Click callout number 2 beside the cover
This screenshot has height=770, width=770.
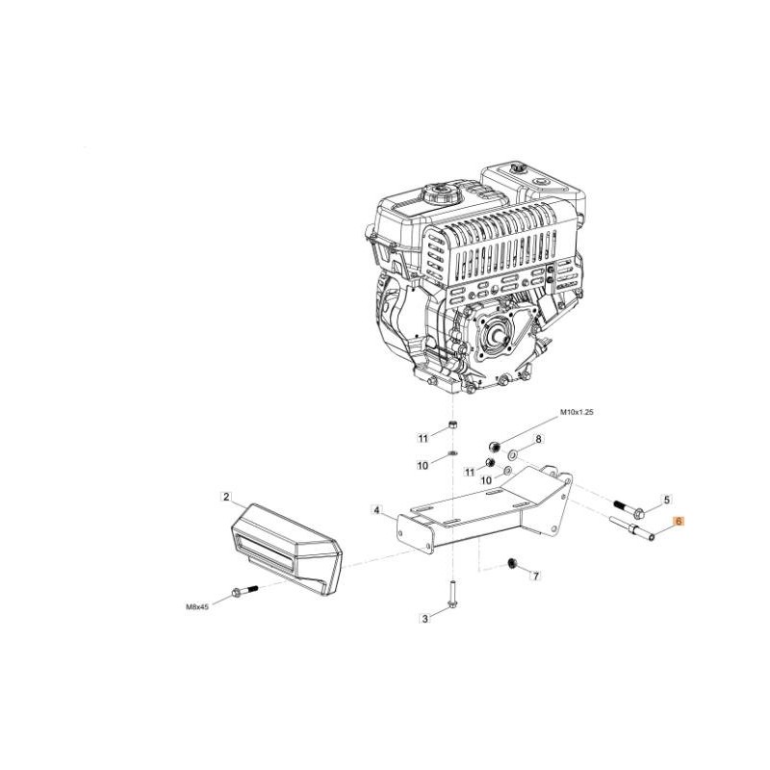pyautogui.click(x=226, y=497)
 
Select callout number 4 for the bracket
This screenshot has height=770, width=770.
pyautogui.click(x=376, y=511)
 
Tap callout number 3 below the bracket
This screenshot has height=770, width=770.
pyautogui.click(x=425, y=619)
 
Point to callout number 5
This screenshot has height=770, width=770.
pyautogui.click(x=666, y=500)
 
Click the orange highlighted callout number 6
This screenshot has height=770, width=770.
pyautogui.click(x=680, y=522)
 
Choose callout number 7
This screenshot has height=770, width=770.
pyautogui.click(x=536, y=575)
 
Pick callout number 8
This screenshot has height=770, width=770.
pyautogui.click(x=539, y=439)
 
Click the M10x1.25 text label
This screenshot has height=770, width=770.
pyautogui.click(x=577, y=413)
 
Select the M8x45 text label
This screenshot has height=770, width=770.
pyautogui.click(x=197, y=607)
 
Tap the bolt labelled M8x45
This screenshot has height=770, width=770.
pyautogui.click(x=244, y=591)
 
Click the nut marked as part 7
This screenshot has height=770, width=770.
pyautogui.click(x=511, y=564)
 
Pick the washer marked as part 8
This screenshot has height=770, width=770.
pyautogui.click(x=513, y=454)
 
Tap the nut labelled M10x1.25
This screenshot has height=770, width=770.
pyautogui.click(x=494, y=447)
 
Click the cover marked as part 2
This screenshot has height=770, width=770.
pyautogui.click(x=286, y=549)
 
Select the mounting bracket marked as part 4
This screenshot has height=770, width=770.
pyautogui.click(x=484, y=513)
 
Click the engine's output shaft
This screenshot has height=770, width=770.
pyautogui.click(x=500, y=339)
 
